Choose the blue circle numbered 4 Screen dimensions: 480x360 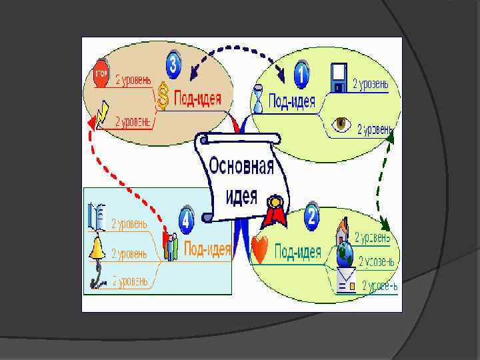[x=186, y=218]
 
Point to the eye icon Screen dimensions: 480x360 [x=342, y=125]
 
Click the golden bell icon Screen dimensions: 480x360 [x=98, y=249]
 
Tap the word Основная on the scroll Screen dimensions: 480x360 [x=241, y=165]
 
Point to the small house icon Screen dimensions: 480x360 [x=342, y=231]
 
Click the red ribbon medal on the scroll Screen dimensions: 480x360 [x=274, y=211]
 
